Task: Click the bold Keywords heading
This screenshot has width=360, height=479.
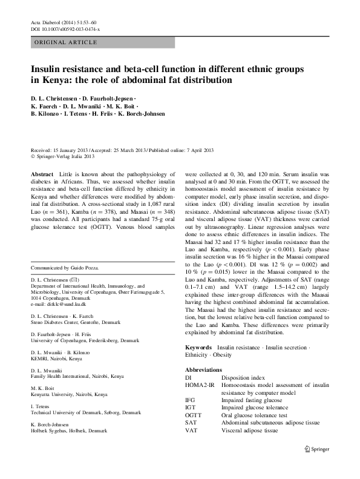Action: click(x=198, y=348)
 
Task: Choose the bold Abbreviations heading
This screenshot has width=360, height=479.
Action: click(x=204, y=369)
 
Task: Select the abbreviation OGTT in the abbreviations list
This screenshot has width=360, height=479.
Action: click(x=194, y=415)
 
